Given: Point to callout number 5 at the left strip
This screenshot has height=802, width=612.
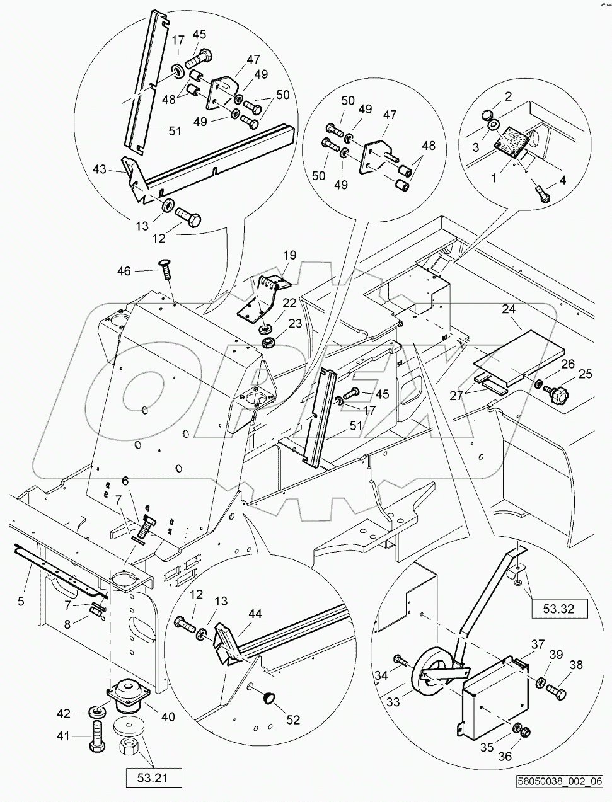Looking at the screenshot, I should pyautogui.click(x=21, y=602).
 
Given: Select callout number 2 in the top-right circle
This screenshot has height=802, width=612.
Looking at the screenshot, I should pyautogui.click(x=507, y=96).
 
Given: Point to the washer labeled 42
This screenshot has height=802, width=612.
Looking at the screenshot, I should pyautogui.click(x=97, y=712).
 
